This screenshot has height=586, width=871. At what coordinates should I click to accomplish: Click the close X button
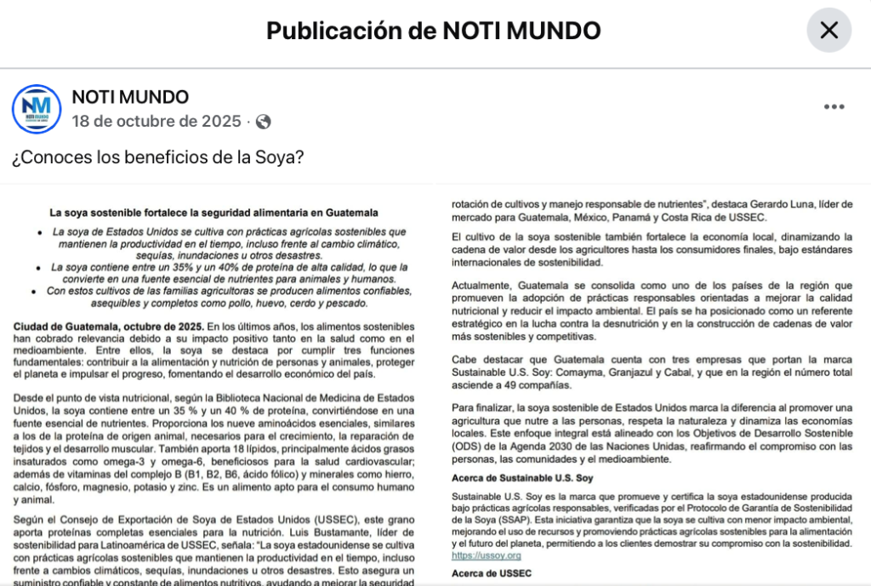(828, 31)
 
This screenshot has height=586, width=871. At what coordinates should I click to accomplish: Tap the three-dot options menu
(834, 107)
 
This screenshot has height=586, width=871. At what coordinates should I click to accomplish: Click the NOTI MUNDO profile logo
(37, 110)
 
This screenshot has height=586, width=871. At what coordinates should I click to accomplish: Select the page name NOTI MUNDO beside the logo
(130, 97)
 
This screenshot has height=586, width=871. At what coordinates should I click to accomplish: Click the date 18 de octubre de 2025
(157, 121)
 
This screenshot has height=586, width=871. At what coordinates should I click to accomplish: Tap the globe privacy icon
(264, 122)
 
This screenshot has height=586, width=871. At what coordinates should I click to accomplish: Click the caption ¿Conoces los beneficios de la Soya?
(158, 158)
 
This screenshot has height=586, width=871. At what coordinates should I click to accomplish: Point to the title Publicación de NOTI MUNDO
(434, 31)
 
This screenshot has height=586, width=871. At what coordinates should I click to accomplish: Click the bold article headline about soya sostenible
(213, 213)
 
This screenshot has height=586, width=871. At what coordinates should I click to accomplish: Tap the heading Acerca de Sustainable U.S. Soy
(522, 478)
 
